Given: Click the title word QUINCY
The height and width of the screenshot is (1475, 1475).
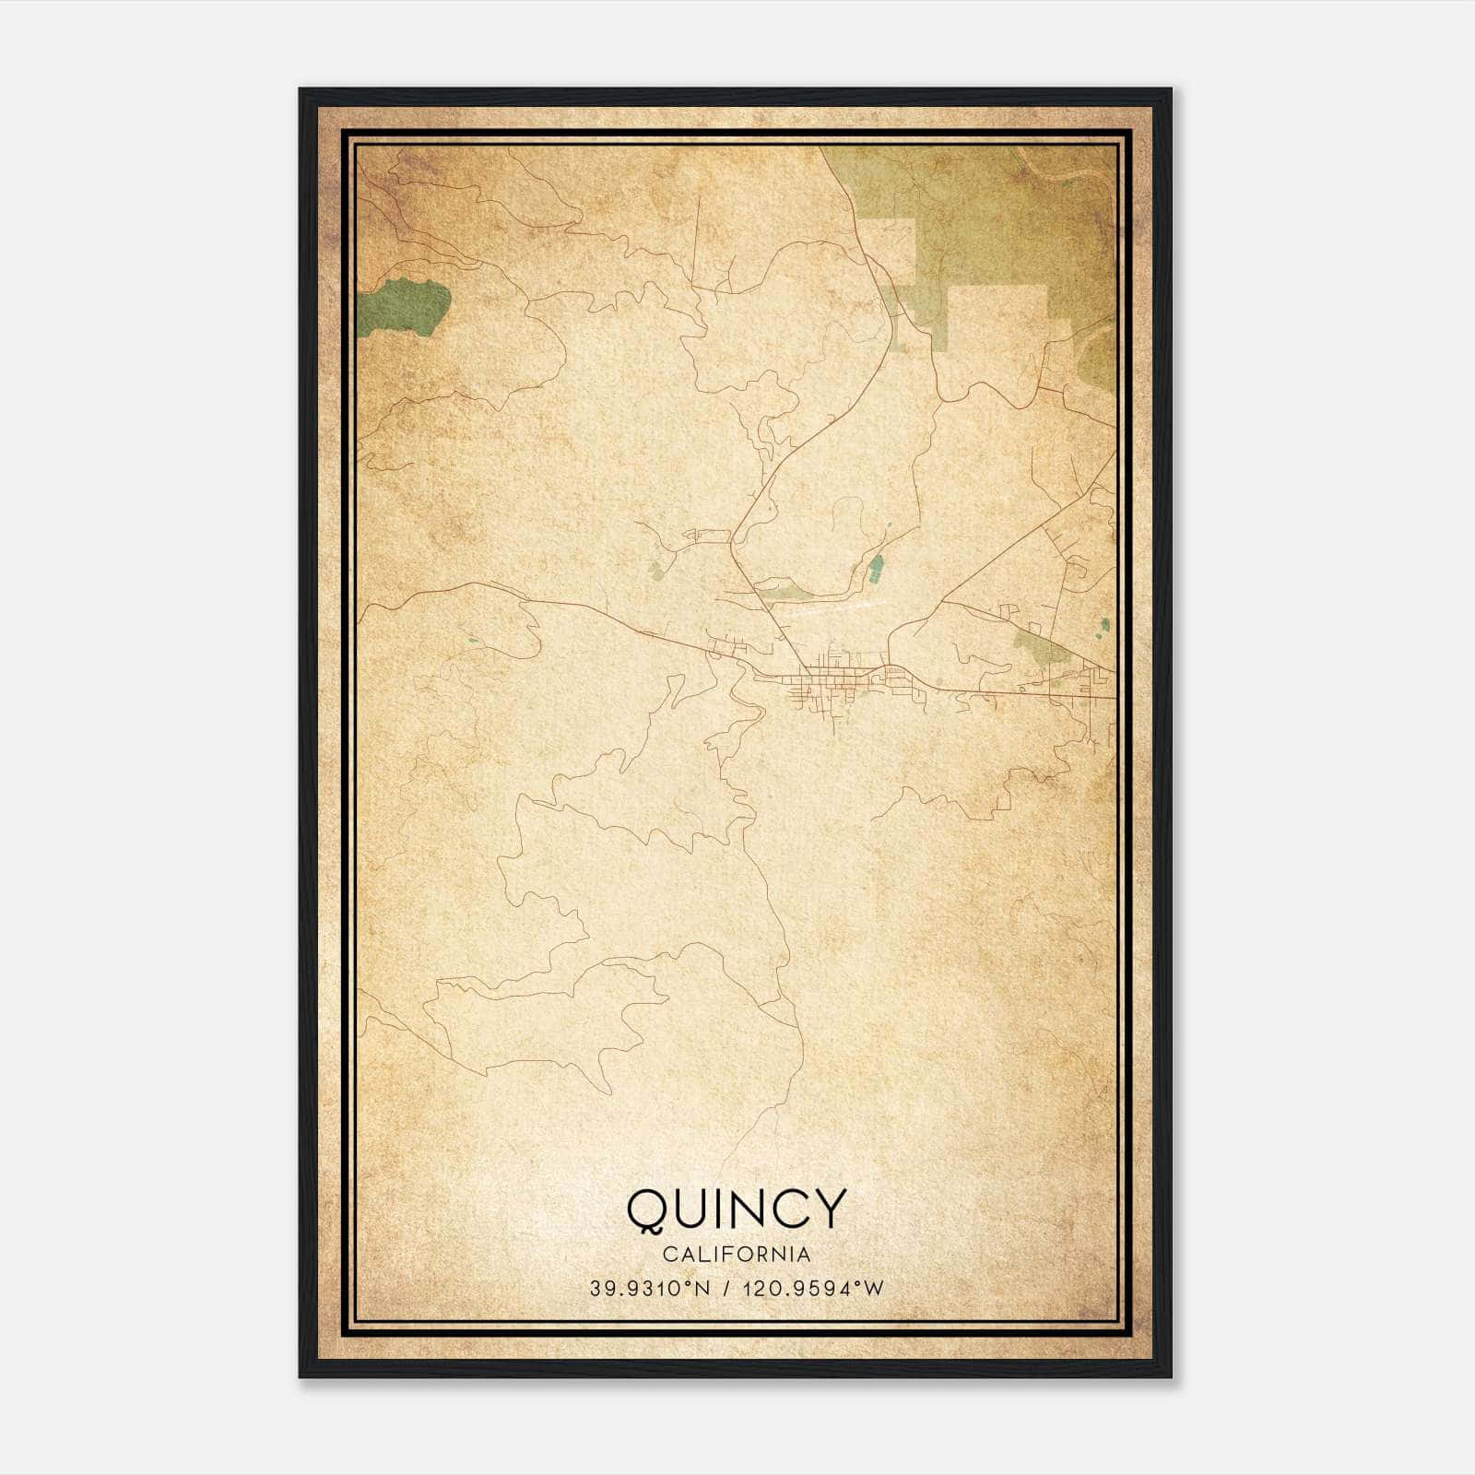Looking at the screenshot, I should [736, 1209].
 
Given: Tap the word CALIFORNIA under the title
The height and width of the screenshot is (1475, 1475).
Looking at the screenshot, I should [736, 1254].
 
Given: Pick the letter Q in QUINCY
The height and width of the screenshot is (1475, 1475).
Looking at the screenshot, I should [650, 1209].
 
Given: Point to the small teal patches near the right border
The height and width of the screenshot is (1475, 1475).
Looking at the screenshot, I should [1104, 627].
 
